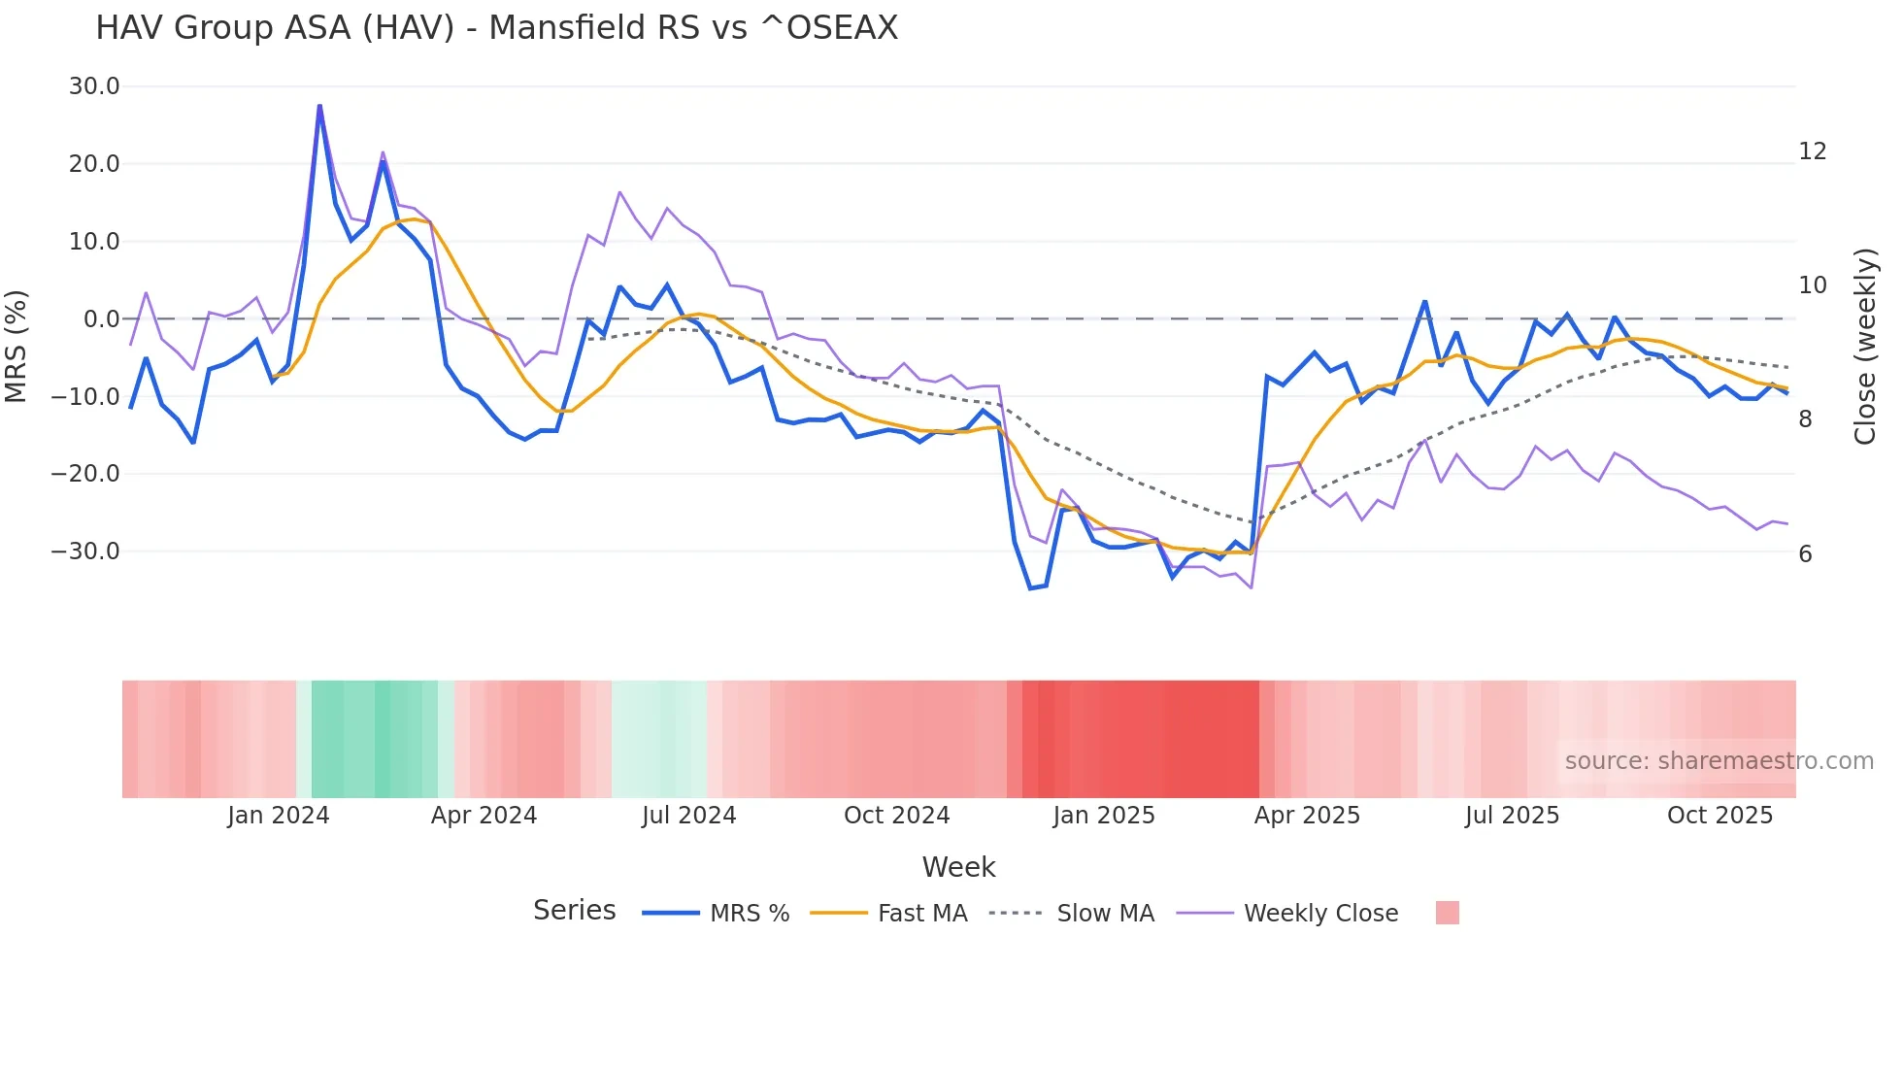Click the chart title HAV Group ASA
pos(496,28)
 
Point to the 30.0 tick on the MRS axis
pos(94,86)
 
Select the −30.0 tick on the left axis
pos(85,552)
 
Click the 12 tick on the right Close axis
pos(1812,151)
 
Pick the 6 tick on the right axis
pos(1805,554)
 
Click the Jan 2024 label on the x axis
pos(279,816)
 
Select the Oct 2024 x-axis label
pos(896,816)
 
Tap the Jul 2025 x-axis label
pos(1512,816)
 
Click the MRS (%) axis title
pos(17,347)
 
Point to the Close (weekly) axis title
pos(1864,347)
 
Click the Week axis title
pos(958,867)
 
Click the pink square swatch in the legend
pos(1447,913)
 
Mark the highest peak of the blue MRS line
pos(319,107)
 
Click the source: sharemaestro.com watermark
pos(1719,761)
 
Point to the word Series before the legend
pos(574,911)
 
